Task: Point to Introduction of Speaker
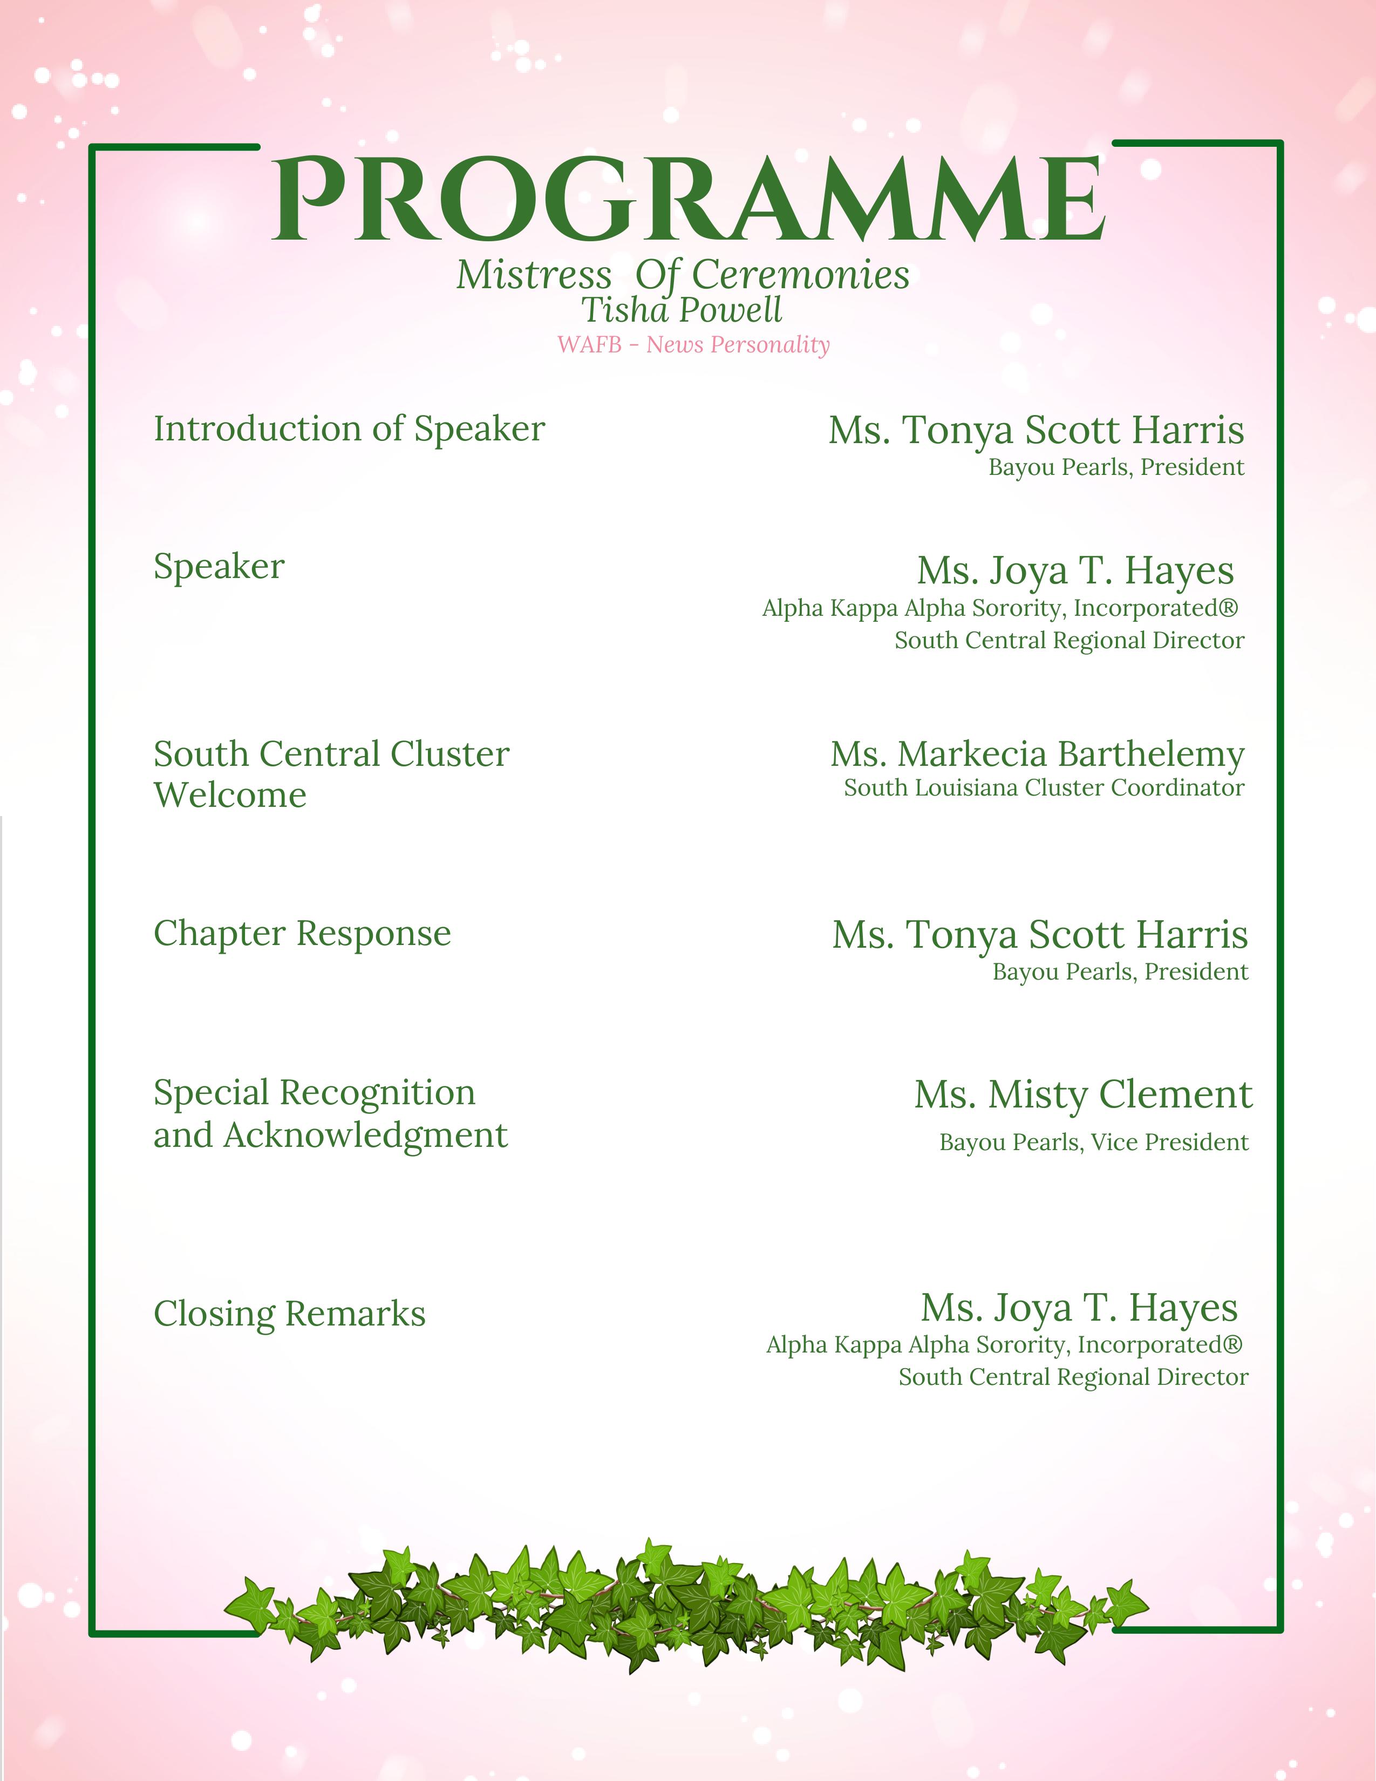tap(349, 429)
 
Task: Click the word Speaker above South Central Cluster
tap(219, 567)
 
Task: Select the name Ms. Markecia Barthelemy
tap(1037, 754)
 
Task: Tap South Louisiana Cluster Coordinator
tap(1044, 788)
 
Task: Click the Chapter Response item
tap(302, 934)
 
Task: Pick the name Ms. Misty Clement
tap(1082, 1095)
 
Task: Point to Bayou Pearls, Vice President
tap(1093, 1141)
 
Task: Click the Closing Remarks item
tap(289, 1314)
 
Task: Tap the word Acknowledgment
tap(365, 1135)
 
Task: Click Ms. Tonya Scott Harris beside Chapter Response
tap(1039, 935)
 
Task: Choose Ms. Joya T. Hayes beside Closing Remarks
tap(1079, 1308)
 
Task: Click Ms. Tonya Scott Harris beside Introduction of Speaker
tap(1036, 431)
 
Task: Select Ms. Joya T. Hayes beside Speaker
tap(1075, 571)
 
